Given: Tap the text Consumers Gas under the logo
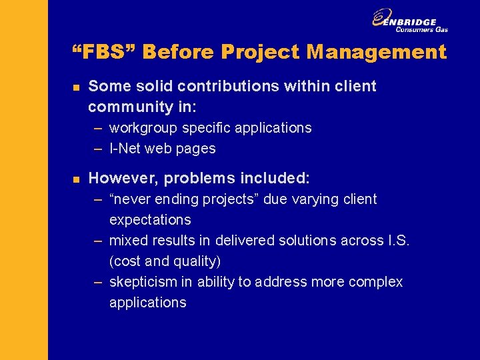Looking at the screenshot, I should [x=421, y=29].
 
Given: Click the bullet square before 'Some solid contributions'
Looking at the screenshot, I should [x=76, y=87].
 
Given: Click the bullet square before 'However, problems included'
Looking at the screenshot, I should [x=76, y=179].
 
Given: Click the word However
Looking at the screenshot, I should [x=123, y=178].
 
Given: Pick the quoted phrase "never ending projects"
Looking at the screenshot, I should [x=185, y=199].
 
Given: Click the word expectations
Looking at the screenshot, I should [x=150, y=219].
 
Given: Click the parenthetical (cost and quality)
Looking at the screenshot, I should [x=165, y=261].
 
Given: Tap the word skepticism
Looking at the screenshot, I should [x=143, y=282].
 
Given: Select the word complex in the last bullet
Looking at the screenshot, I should [x=377, y=282].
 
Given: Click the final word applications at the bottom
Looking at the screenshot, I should [x=148, y=302].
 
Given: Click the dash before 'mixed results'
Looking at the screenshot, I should [x=98, y=241].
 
